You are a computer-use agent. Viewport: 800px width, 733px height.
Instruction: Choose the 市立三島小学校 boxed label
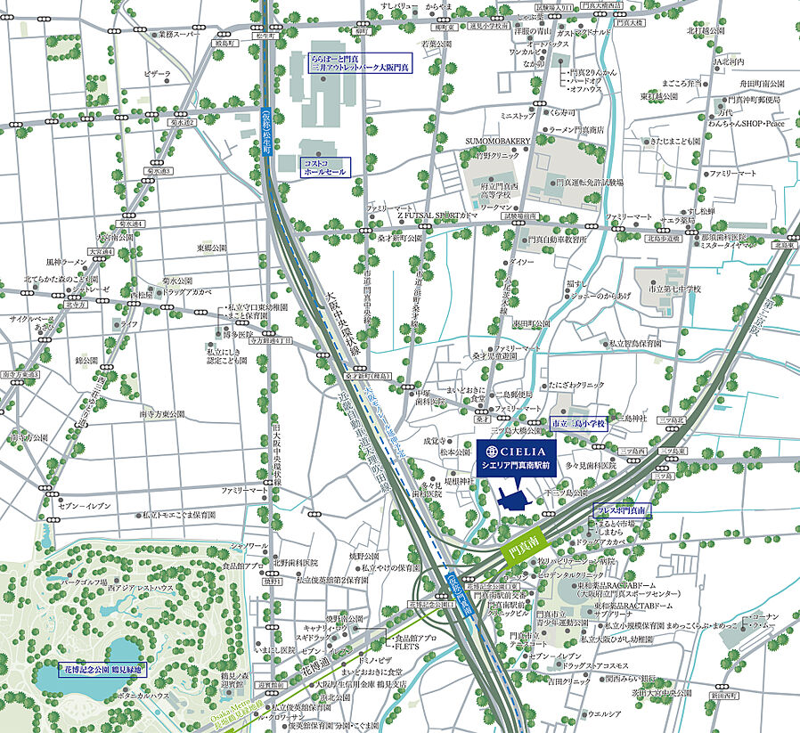(578, 424)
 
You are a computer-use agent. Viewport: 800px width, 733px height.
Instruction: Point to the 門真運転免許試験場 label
(590, 182)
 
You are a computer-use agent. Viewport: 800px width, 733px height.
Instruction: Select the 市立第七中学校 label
(674, 289)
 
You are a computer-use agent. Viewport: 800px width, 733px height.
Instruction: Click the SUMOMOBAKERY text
(497, 141)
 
